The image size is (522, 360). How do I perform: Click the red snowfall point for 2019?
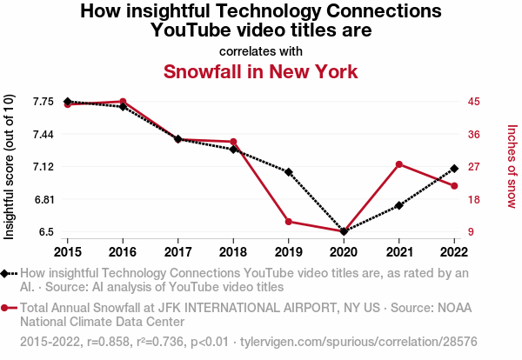(x=288, y=222)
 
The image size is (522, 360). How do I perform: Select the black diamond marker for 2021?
(x=398, y=205)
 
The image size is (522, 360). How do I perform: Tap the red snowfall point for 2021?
(x=398, y=164)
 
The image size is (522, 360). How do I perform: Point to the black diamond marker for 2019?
(x=288, y=172)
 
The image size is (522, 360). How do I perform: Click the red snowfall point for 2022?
(x=454, y=186)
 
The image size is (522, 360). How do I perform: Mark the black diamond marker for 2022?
(x=454, y=168)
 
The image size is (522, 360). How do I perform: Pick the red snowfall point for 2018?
(x=233, y=142)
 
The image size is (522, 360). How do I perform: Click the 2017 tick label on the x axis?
(x=177, y=251)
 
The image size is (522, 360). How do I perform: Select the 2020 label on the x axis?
(x=344, y=251)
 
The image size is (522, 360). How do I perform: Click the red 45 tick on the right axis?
(x=474, y=102)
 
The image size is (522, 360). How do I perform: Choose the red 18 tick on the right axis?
(x=474, y=199)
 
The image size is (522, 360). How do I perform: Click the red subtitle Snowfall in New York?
(x=260, y=71)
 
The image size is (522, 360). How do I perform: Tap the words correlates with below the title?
(x=260, y=50)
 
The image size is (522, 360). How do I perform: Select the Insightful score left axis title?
(x=10, y=166)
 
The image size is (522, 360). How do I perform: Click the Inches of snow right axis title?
(x=512, y=166)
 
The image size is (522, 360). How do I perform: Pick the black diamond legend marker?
(x=7, y=273)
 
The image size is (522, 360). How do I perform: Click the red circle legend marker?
(x=7, y=308)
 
